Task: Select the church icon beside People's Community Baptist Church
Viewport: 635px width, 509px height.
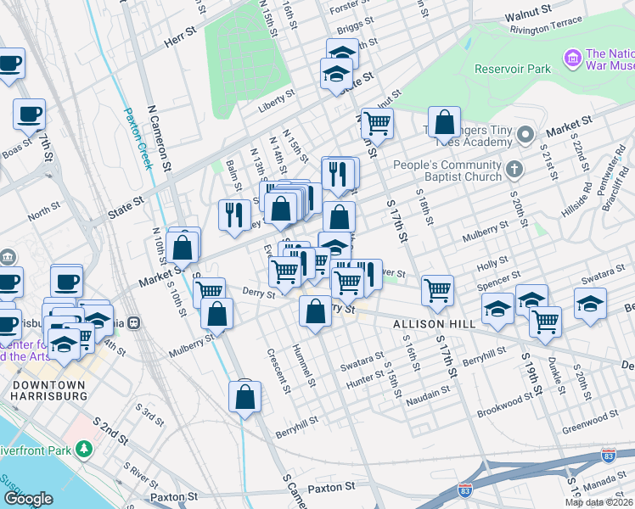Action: point(513,171)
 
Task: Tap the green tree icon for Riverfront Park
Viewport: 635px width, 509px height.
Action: point(83,448)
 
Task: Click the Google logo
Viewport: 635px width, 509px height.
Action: point(28,499)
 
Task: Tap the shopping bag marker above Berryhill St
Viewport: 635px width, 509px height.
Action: point(245,396)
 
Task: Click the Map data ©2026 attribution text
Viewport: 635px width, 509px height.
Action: point(599,502)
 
